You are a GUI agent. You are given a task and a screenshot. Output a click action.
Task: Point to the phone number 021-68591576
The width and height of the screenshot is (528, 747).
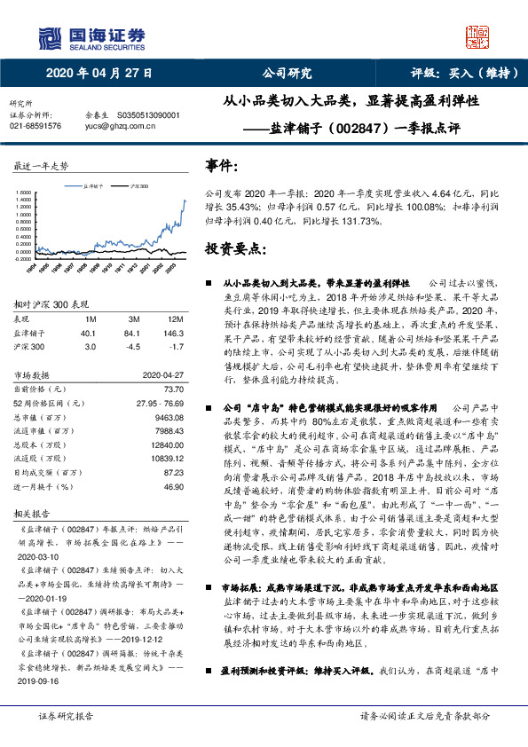click(x=35, y=126)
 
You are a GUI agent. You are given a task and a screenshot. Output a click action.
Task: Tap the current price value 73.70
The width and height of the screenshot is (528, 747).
click(x=173, y=389)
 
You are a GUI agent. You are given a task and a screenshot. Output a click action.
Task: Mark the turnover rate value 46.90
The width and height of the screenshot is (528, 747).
click(x=173, y=487)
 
